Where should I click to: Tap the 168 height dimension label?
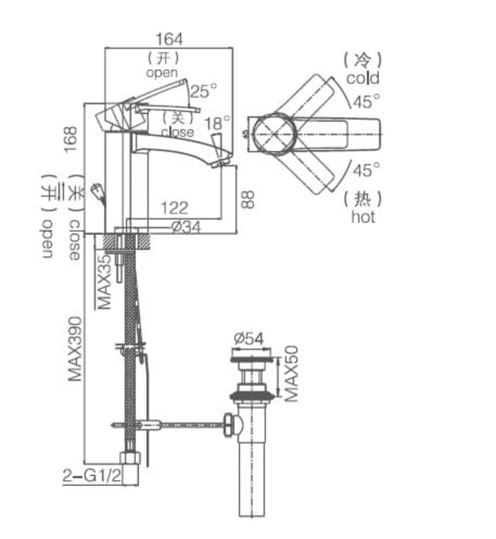click(72, 139)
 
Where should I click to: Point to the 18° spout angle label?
click(218, 123)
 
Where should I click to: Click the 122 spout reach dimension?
click(175, 207)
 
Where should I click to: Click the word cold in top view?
click(362, 78)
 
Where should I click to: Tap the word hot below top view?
click(363, 217)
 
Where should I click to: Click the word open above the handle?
click(161, 72)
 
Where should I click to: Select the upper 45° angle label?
click(367, 101)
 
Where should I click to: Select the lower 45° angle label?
click(366, 169)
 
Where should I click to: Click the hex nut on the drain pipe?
click(229, 424)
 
